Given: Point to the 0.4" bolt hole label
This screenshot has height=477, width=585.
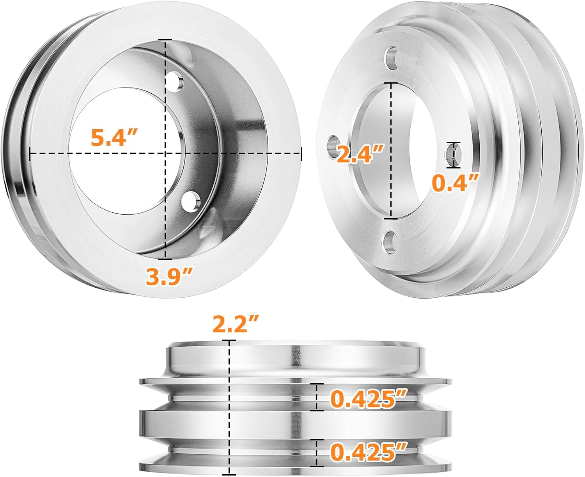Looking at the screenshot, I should point(455,183).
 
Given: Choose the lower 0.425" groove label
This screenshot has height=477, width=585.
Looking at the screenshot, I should point(369,452).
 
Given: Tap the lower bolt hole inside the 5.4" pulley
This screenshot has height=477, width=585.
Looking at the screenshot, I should point(191,200).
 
